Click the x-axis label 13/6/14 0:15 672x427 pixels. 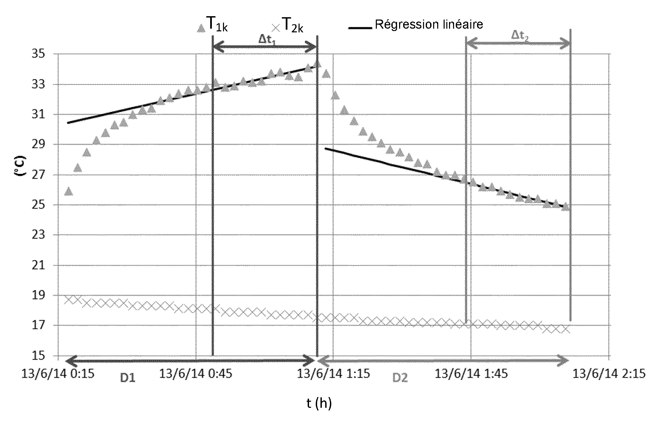coord(58,374)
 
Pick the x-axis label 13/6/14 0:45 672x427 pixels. coord(195,374)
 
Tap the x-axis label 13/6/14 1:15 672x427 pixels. coord(333,374)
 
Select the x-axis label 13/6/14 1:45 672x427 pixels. coord(471,374)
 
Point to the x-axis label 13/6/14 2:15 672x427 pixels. coord(609,374)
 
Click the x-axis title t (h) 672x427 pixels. coord(319,403)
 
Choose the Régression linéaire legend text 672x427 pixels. coord(429,24)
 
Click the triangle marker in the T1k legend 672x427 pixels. coord(201,28)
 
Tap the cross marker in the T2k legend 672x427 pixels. coord(276,27)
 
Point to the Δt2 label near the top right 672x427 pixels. coord(519,35)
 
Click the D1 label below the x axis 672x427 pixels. coord(128,378)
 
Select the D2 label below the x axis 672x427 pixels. coord(400,378)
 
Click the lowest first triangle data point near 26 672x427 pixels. coord(68,191)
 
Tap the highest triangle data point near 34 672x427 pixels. coord(317,64)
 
